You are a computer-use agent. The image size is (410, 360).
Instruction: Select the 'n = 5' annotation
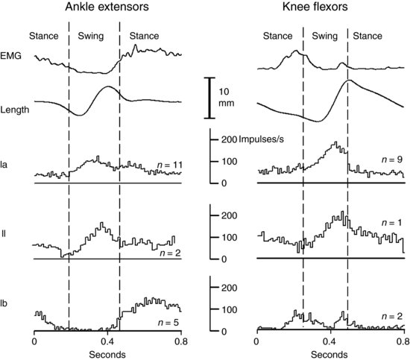pos(168,322)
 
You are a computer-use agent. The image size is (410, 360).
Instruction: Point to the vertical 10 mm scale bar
pos(210,97)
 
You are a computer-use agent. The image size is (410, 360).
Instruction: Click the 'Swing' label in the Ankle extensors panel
pos(93,35)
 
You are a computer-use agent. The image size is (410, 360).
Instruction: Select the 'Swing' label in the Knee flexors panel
pos(324,35)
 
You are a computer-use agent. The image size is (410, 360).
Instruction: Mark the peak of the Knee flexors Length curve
pos(350,79)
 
